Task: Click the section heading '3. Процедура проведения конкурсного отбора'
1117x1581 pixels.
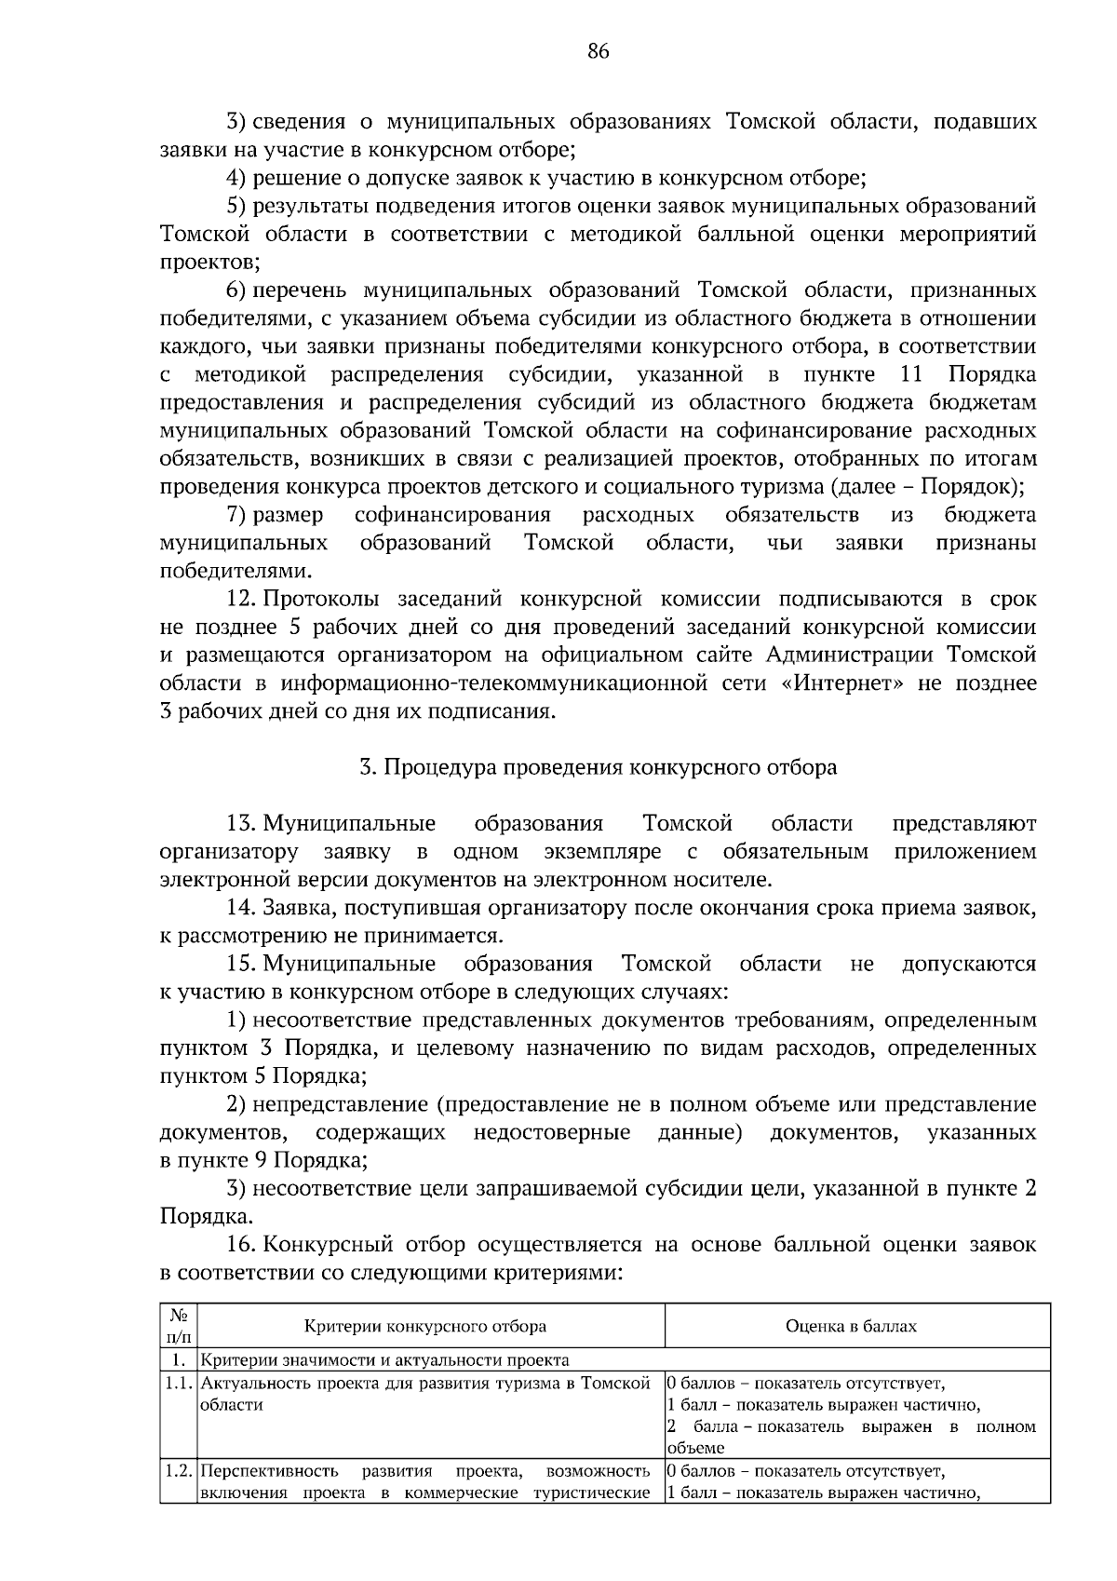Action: pos(598,767)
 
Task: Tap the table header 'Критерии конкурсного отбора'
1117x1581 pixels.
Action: pos(424,1326)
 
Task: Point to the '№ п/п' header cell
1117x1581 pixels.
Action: pos(178,1326)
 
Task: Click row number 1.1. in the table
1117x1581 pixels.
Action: pos(179,1384)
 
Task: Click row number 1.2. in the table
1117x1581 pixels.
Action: pos(179,1472)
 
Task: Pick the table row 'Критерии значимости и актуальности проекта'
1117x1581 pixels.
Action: pos(385,1360)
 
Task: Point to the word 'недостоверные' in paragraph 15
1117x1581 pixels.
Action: pos(551,1133)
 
